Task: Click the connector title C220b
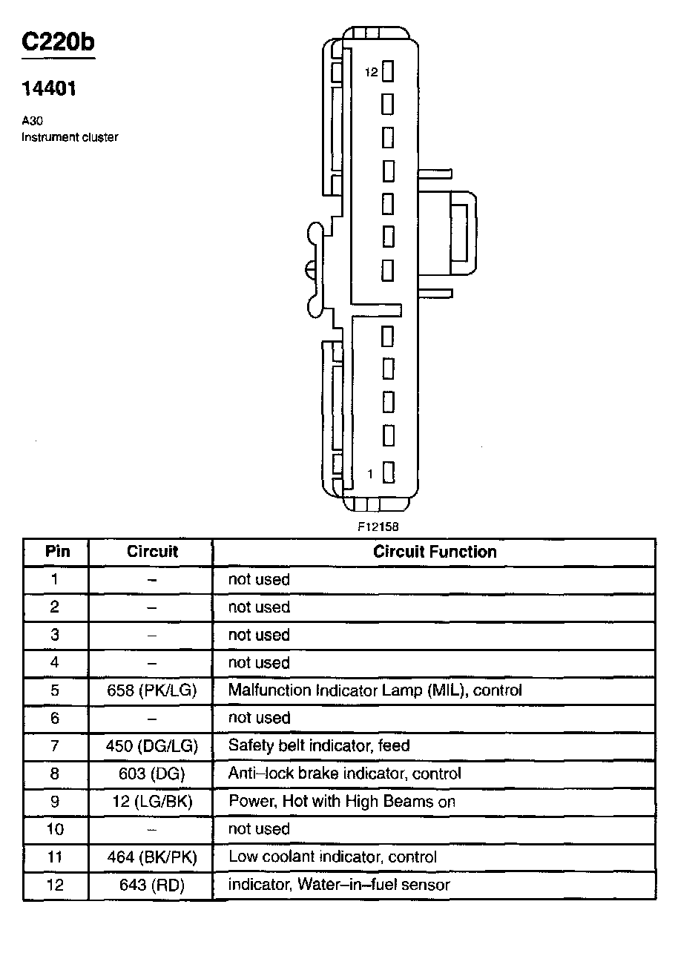point(58,43)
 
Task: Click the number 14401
point(49,89)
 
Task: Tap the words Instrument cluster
point(70,137)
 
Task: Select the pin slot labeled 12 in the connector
point(388,72)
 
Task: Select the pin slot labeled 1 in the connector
point(388,472)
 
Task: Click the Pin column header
point(57,552)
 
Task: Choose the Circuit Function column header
point(435,552)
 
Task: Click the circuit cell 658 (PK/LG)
point(151,690)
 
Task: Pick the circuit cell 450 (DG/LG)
point(151,746)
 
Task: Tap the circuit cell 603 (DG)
point(151,774)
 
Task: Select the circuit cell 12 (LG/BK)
point(151,802)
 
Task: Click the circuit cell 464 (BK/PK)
point(151,857)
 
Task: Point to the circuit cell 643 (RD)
point(151,885)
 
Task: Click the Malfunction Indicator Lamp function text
point(375,690)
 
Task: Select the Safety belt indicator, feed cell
point(319,746)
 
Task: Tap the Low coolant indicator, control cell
point(332,857)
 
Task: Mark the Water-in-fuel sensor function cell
point(339,885)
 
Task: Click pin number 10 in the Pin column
point(55,829)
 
